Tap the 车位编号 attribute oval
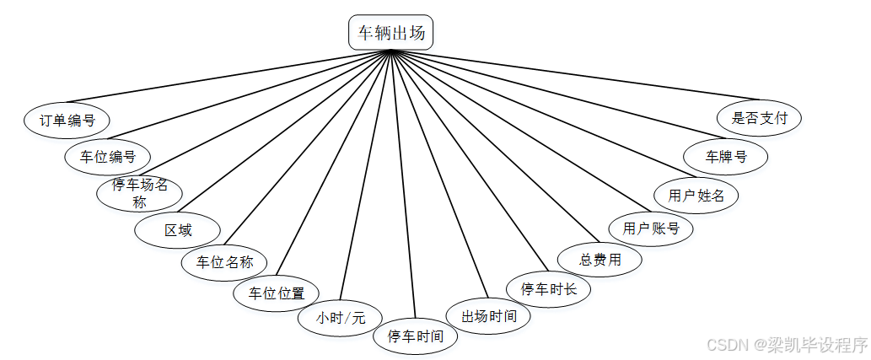(108, 156)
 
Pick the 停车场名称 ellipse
(140, 193)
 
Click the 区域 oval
(178, 230)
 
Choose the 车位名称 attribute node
(224, 261)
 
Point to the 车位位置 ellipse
(277, 293)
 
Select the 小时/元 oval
(341, 318)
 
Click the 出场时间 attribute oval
(488, 317)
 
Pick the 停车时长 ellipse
(549, 289)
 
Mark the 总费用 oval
(600, 260)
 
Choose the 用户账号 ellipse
(651, 228)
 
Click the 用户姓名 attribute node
(696, 196)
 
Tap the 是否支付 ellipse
(759, 118)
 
